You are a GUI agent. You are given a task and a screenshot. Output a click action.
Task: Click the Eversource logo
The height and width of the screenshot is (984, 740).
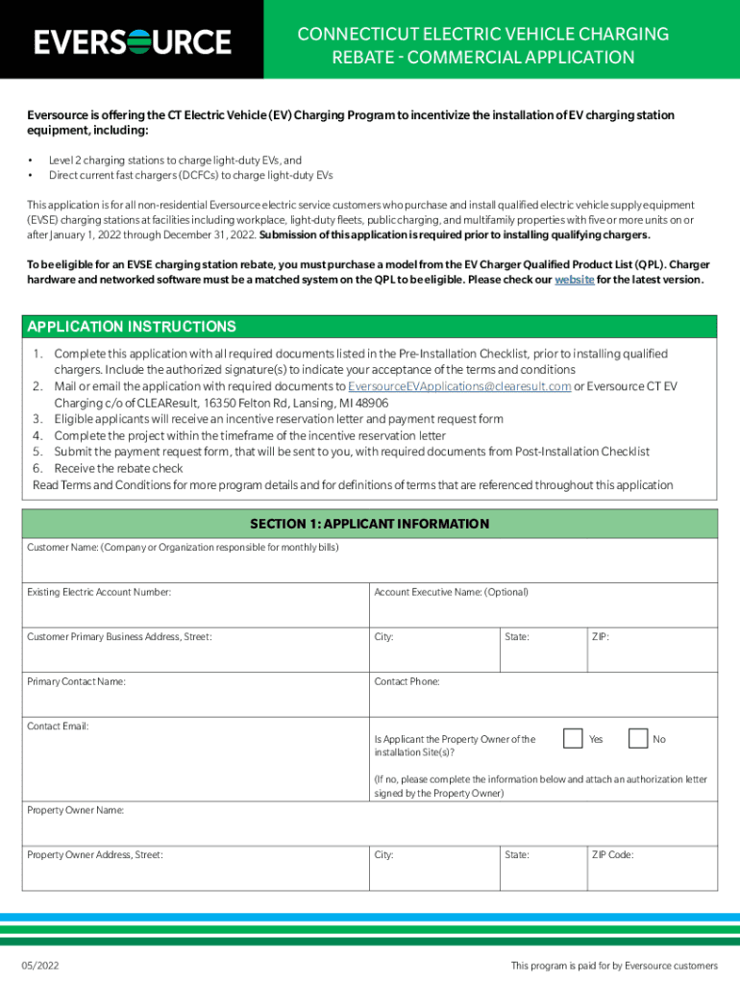[x=133, y=42]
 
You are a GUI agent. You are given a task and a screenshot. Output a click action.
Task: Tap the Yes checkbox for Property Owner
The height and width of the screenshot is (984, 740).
[x=573, y=739]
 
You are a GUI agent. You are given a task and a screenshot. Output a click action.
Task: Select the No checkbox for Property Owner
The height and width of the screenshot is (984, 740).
[x=638, y=739]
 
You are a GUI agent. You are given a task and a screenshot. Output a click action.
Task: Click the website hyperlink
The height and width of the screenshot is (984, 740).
[x=574, y=280]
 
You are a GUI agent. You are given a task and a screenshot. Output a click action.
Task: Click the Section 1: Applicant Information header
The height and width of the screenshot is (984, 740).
[x=370, y=524]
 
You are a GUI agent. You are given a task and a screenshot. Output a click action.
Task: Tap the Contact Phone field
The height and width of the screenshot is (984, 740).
[x=543, y=698]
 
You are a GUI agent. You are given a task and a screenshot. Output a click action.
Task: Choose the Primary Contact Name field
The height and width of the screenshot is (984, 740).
[x=196, y=698]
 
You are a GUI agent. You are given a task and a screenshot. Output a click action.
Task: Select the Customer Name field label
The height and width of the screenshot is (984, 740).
[x=183, y=548]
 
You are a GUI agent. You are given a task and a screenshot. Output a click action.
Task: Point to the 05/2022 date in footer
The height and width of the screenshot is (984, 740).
[x=44, y=965]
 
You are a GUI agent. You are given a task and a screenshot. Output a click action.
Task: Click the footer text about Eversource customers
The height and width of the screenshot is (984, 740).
[x=614, y=965]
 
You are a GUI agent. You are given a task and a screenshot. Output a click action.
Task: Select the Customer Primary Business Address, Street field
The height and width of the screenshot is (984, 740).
[x=196, y=653]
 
